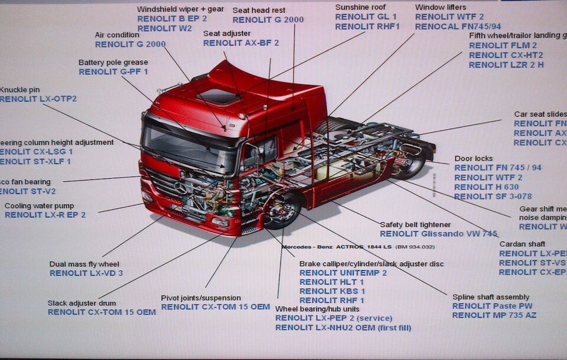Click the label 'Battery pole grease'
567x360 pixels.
pos(113,63)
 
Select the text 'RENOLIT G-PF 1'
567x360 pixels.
pos(113,72)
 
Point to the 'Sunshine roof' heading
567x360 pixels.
pos(360,7)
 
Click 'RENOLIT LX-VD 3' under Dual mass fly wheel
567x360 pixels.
pos(86,273)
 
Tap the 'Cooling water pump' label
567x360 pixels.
pos(40,206)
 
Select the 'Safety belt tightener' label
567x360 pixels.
pos(415,225)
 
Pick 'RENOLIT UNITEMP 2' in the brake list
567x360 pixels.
pos(343,273)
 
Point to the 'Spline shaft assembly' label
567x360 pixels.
pos(491,297)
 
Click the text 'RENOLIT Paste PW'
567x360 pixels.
pos(492,306)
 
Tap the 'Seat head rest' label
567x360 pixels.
pos(259,11)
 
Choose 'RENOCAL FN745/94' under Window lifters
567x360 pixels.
pos(458,27)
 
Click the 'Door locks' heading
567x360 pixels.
pos(474,159)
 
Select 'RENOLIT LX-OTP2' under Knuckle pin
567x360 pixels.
pos(38,99)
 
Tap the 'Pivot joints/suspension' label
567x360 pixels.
pos(201,298)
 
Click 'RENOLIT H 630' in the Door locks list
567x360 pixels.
pos(487,187)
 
